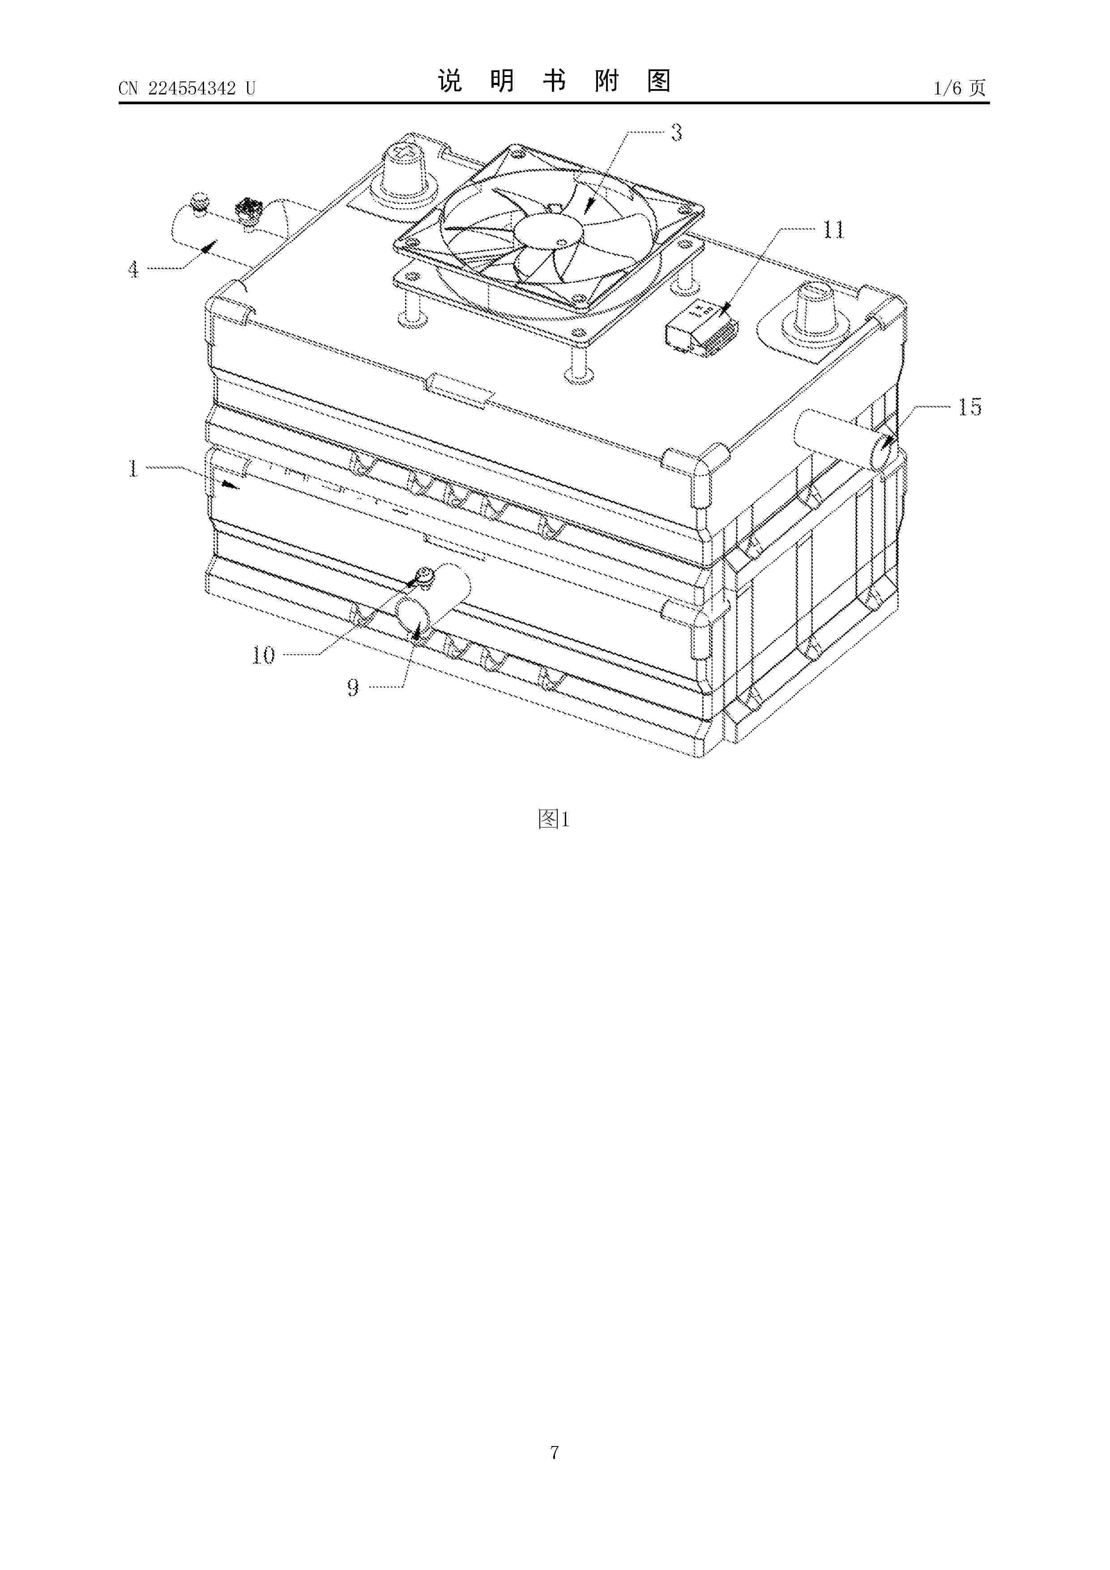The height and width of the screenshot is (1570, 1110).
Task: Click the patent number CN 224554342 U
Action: (x=187, y=88)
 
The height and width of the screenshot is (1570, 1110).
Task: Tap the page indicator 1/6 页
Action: (x=960, y=88)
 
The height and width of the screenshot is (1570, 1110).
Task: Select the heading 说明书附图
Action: (x=554, y=81)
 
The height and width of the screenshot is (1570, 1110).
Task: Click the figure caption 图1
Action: (x=554, y=819)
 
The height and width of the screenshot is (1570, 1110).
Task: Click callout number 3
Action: (x=676, y=132)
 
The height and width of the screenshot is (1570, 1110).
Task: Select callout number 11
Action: (x=833, y=230)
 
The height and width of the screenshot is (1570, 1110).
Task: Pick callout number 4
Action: (x=133, y=269)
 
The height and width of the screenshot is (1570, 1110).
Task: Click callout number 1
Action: (x=132, y=469)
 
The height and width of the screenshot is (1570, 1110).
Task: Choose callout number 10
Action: (x=263, y=656)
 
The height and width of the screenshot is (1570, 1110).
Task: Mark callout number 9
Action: (x=353, y=687)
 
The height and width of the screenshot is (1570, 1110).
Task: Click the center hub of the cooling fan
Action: (x=548, y=235)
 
